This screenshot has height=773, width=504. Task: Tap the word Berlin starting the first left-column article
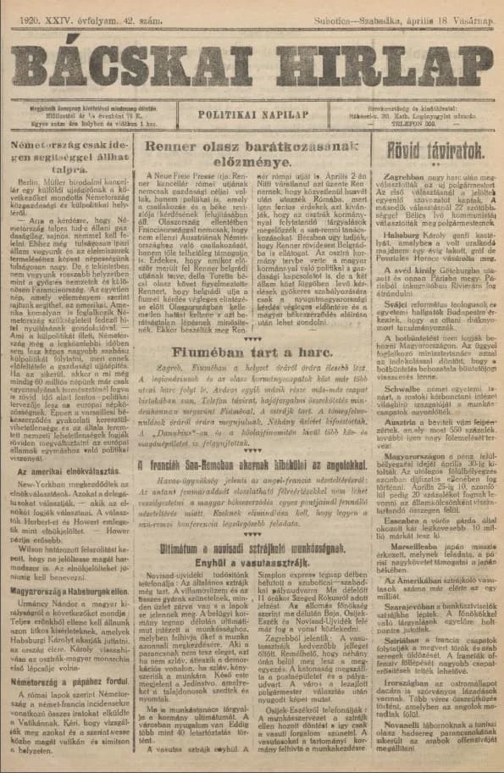point(30,181)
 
